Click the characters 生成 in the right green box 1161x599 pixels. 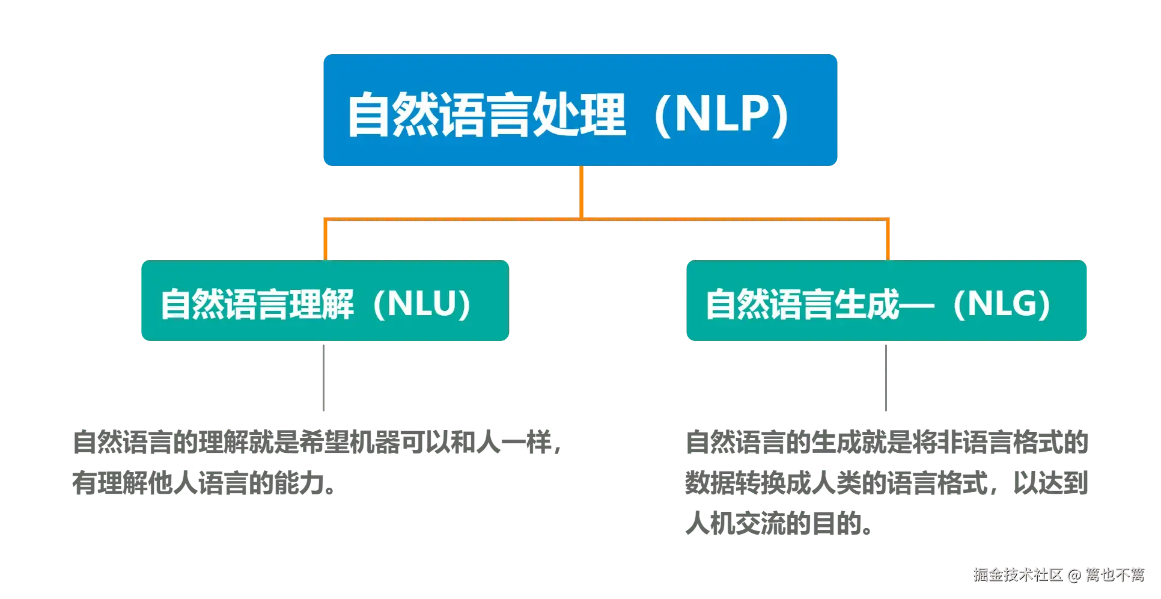pyautogui.click(x=866, y=304)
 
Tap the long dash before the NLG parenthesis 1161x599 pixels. pyautogui.click(x=917, y=305)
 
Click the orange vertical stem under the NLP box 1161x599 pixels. pyautogui.click(x=581, y=191)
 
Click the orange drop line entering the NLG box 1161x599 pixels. pyautogui.click(x=888, y=239)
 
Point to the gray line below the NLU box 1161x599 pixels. pyautogui.click(x=325, y=377)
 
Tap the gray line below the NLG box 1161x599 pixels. pyautogui.click(x=887, y=377)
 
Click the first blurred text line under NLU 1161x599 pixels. pyautogui.click(x=316, y=443)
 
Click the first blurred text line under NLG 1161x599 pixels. pyautogui.click(x=888, y=443)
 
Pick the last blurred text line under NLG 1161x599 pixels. pyautogui.click(x=776, y=526)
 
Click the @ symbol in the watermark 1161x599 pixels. pyautogui.click(x=1074, y=574)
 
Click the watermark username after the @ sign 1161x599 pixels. pyautogui.click(x=1114, y=574)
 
